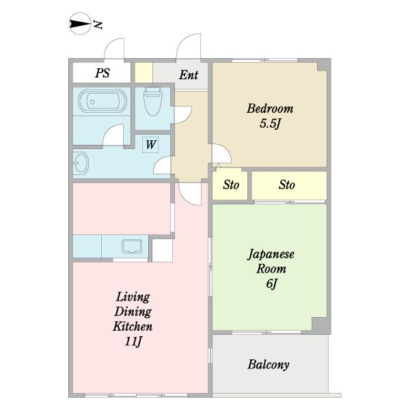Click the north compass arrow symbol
coord(81,25)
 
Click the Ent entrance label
coord(188,74)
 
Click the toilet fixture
coord(152,104)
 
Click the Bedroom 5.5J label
coord(270,115)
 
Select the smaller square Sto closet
coord(231,185)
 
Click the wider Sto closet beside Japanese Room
coord(288,185)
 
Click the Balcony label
coord(268,364)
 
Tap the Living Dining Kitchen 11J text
coord(133,318)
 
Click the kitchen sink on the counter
coord(131,246)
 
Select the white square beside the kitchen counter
coord(162,250)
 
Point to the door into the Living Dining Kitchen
coord(189,193)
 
